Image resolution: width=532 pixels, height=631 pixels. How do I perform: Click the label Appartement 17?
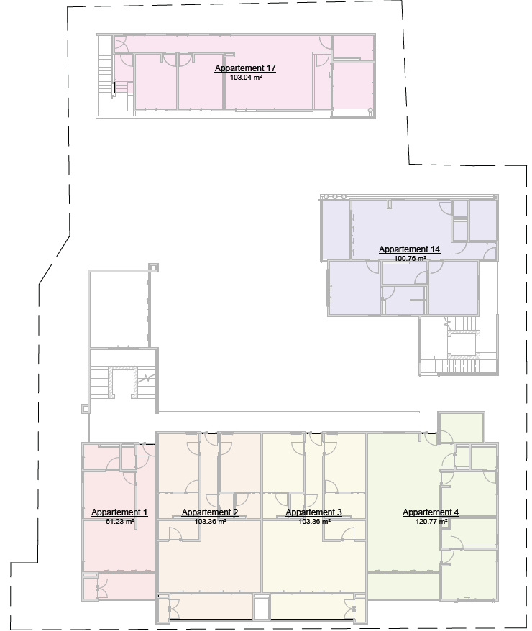click(x=245, y=68)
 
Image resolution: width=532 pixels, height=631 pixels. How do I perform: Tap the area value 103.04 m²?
click(x=245, y=77)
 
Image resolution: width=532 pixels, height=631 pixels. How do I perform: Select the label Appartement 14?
click(x=409, y=249)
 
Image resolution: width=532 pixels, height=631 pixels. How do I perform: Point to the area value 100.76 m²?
click(x=409, y=258)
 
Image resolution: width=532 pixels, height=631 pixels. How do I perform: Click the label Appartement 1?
click(x=119, y=512)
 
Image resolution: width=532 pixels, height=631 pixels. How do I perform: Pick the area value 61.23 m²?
click(x=119, y=521)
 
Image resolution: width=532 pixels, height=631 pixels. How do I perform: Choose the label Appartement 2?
click(x=210, y=512)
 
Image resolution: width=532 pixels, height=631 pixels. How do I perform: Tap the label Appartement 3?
click(x=314, y=512)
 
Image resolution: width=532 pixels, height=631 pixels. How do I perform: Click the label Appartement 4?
click(x=431, y=512)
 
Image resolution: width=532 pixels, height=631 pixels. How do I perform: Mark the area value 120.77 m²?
click(x=431, y=521)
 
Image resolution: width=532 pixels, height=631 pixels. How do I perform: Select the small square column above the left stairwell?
click(x=153, y=267)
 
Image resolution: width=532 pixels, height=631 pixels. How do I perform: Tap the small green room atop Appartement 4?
click(x=461, y=428)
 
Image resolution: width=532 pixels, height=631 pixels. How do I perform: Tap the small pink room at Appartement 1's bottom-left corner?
click(x=93, y=588)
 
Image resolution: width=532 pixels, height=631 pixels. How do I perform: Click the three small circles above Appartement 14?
click(x=334, y=196)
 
